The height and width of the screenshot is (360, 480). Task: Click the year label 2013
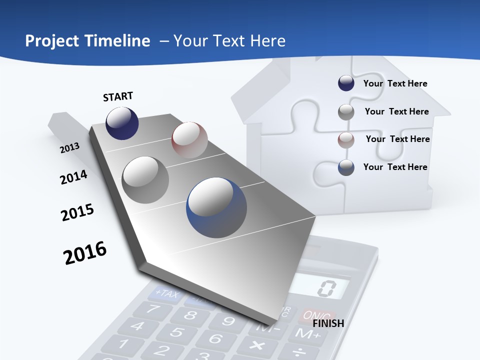point(69,148)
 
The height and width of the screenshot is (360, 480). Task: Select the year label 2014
point(73,177)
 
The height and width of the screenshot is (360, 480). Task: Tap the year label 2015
point(77,212)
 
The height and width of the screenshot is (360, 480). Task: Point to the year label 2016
point(85,253)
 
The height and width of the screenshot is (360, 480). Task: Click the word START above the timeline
point(118,96)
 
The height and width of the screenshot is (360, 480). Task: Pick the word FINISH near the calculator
point(328,323)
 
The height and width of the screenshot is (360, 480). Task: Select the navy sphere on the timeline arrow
point(122,123)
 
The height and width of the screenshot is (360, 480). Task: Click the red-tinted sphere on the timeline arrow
point(189,140)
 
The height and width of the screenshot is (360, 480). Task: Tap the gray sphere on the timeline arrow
point(145,179)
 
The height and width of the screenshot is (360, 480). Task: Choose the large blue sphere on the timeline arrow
point(216,207)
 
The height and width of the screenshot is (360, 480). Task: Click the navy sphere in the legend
point(346,83)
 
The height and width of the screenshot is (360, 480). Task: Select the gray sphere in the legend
point(346,112)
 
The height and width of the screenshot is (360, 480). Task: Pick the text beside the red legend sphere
point(397,139)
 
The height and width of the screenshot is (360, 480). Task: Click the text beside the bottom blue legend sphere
point(395,167)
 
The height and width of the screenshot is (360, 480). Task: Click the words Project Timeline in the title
point(87,41)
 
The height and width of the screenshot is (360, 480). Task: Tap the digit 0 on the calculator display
point(327,288)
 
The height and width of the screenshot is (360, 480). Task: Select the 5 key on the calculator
point(175,331)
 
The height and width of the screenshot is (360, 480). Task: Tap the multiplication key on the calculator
point(256,345)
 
